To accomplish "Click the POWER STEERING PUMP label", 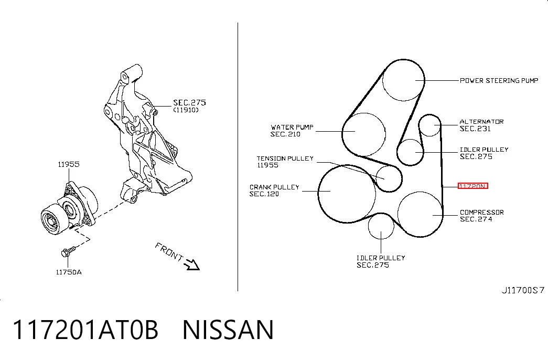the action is coord(499,80).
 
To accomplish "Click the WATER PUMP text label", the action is coord(292,127).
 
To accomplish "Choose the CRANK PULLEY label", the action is coord(274,187).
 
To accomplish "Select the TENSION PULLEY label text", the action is coord(285,158).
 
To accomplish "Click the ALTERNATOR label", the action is coord(481,122).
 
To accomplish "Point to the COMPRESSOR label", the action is coord(481,213).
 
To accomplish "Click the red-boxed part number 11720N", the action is coord(473,186).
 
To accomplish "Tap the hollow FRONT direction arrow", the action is coord(192,264).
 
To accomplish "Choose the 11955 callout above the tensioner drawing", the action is coord(69,164).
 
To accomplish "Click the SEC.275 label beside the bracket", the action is coord(189,102).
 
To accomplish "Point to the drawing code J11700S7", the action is coord(523,290).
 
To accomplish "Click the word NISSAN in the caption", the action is coord(228,330).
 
